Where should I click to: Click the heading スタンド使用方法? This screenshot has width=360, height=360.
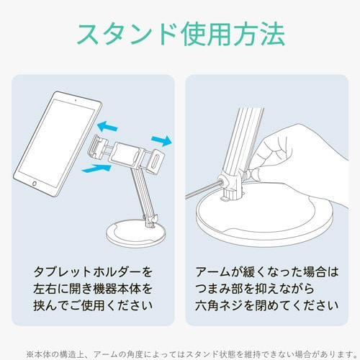click(181, 34)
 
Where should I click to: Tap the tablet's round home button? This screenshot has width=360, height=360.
click(35, 184)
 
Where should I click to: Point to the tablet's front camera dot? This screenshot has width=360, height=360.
click(76, 100)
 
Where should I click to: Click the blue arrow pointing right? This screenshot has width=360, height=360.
click(161, 140)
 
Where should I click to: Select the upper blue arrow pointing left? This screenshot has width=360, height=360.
click(107, 126)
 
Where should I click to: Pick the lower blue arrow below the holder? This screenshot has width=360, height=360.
click(96, 168)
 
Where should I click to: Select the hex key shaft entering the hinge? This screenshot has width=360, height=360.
click(203, 189)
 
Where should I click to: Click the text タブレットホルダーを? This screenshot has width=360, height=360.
click(93, 272)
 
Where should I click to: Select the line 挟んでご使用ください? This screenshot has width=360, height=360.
click(93, 305)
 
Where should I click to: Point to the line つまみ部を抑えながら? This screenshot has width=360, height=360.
click(254, 289)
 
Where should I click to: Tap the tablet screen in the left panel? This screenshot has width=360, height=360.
click(57, 143)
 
